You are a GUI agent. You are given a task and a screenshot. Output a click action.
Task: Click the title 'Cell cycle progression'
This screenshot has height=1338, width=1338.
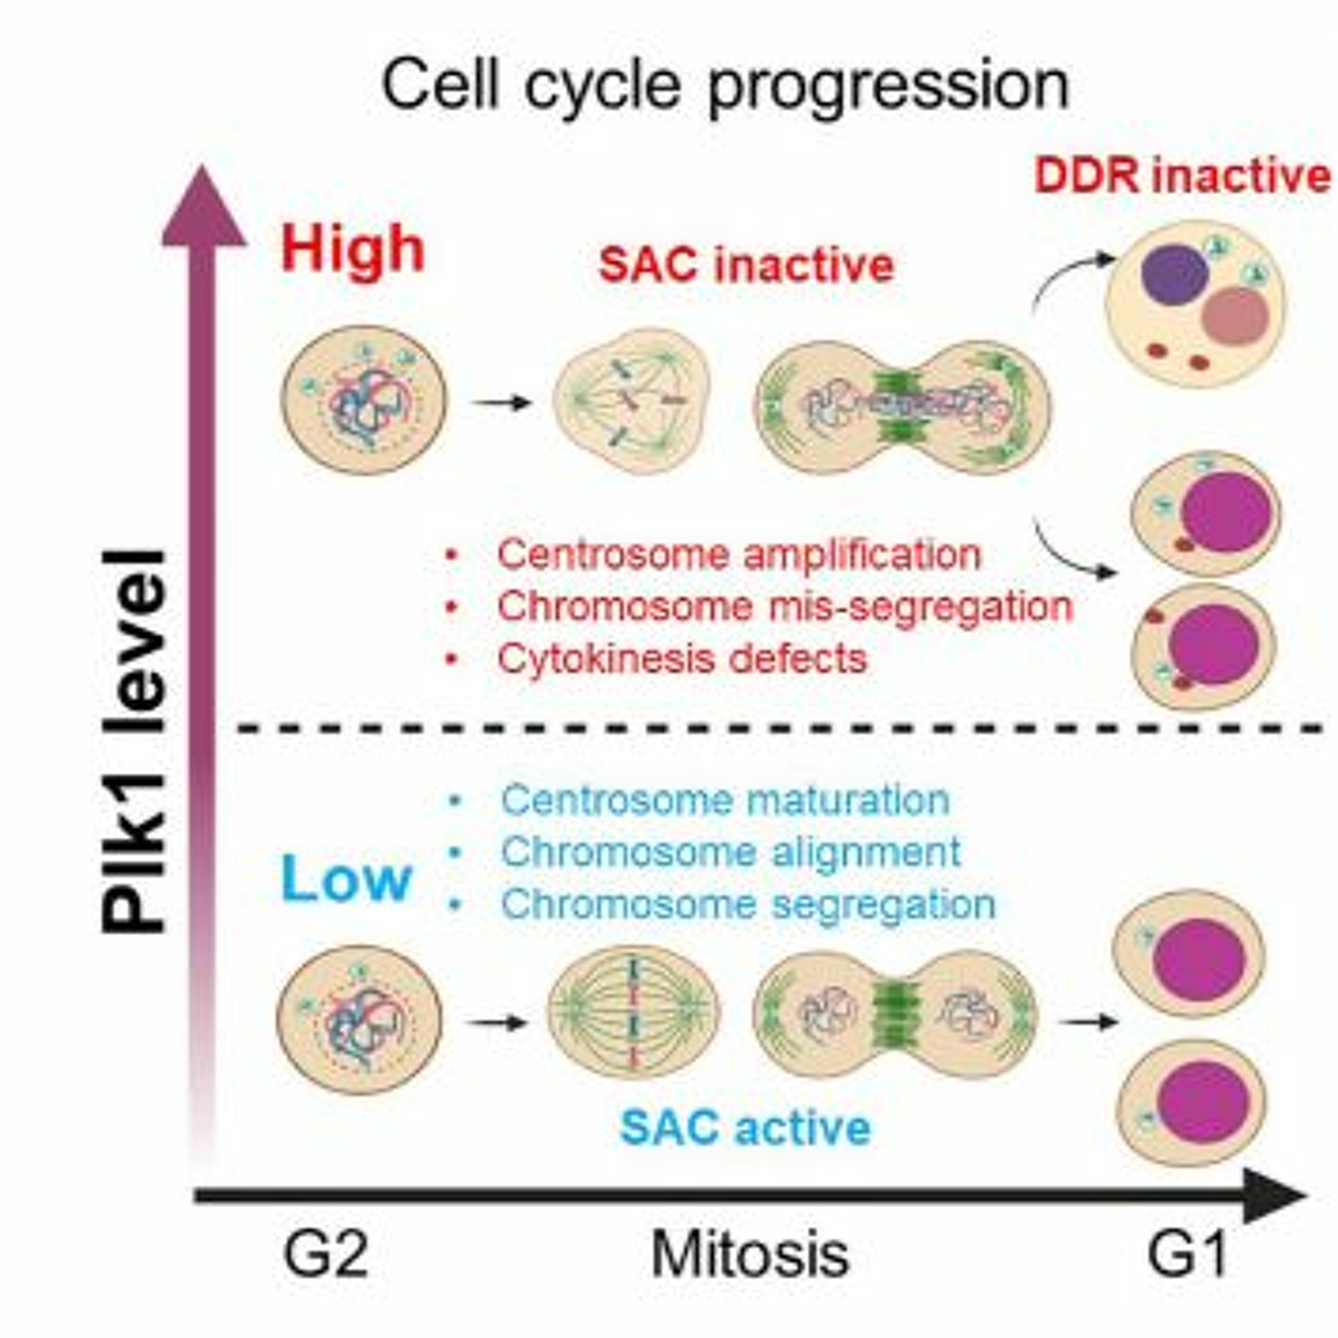click(725, 86)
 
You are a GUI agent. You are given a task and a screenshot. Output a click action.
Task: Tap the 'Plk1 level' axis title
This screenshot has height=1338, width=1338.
click(133, 741)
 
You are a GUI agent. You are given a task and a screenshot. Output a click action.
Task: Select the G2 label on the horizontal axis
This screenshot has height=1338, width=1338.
click(326, 1254)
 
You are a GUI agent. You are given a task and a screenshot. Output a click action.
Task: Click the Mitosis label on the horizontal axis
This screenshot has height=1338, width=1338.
click(750, 1254)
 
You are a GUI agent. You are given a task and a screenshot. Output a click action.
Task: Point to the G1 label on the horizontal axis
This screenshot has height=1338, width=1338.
click(1187, 1254)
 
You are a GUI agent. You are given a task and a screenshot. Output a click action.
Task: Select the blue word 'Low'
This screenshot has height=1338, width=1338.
click(346, 878)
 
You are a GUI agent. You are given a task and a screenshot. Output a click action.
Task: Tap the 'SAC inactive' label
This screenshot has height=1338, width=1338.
click(746, 265)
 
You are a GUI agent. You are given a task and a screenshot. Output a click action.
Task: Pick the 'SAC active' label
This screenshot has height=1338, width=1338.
click(745, 1127)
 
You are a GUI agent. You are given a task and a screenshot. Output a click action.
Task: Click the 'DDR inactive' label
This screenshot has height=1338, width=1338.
click(1181, 177)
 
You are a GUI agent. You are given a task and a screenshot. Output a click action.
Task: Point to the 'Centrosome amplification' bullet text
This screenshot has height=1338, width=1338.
click(739, 555)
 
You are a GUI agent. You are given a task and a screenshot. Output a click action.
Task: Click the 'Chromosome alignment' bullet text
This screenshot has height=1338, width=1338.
click(731, 852)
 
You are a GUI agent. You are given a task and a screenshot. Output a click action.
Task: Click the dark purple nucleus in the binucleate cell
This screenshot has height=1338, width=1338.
click(1175, 275)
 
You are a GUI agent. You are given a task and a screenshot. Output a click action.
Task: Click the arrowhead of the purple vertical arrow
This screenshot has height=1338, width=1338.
click(203, 208)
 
